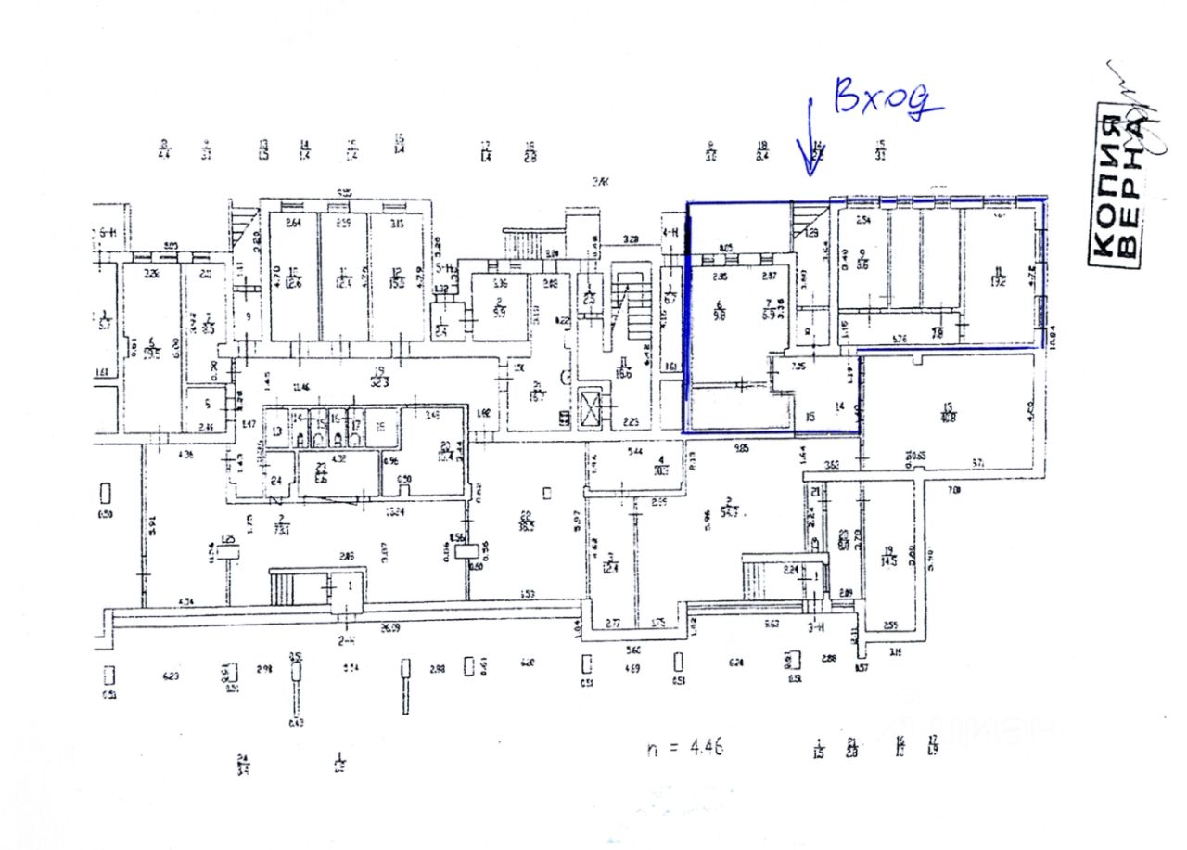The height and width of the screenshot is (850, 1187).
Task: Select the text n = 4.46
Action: coord(683,747)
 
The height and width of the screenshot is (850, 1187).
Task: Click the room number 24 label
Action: coord(275,481)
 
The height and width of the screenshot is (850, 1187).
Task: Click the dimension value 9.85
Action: coord(742,447)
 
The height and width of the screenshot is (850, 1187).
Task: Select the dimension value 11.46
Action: coord(300,386)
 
